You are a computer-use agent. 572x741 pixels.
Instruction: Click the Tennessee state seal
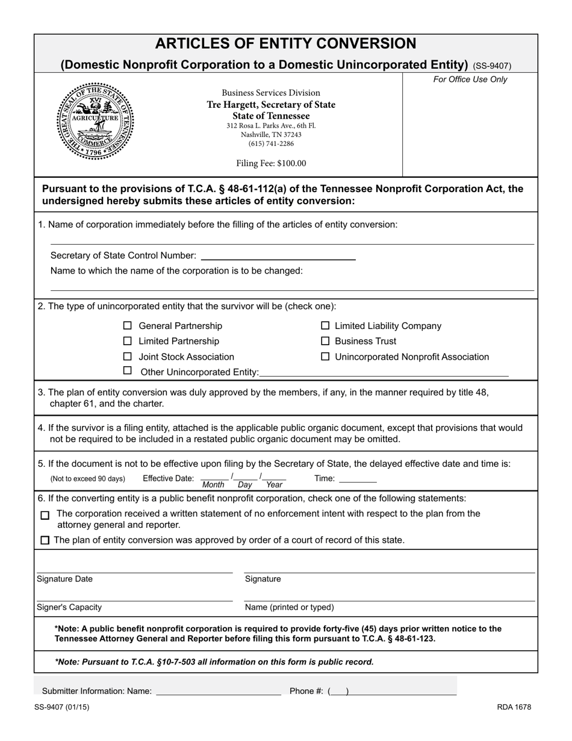pyautogui.click(x=95, y=120)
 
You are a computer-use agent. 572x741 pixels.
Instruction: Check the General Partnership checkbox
pyautogui.click(x=127, y=326)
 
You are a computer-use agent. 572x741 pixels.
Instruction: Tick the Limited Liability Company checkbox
pyautogui.click(x=325, y=326)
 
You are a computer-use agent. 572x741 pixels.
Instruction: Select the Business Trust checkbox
pyautogui.click(x=325, y=341)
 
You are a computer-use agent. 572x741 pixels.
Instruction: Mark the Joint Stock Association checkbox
pyautogui.click(x=127, y=357)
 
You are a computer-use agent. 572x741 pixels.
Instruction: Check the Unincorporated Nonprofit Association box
pyautogui.click(x=325, y=357)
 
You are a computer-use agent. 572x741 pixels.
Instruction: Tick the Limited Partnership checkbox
pyautogui.click(x=127, y=341)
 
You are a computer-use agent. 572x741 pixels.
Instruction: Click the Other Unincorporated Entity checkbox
pyautogui.click(x=127, y=371)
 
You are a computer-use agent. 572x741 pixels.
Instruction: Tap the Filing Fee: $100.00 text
pyautogui.click(x=271, y=163)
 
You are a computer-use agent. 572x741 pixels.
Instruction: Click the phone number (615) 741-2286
pyautogui.click(x=271, y=143)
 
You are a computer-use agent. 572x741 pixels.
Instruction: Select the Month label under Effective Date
pyautogui.click(x=213, y=485)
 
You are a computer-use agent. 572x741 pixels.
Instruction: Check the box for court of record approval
pyautogui.click(x=45, y=540)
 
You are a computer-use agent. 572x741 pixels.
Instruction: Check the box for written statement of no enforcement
pyautogui.click(x=45, y=516)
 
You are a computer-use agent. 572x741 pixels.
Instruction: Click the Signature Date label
pyautogui.click(x=65, y=579)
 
